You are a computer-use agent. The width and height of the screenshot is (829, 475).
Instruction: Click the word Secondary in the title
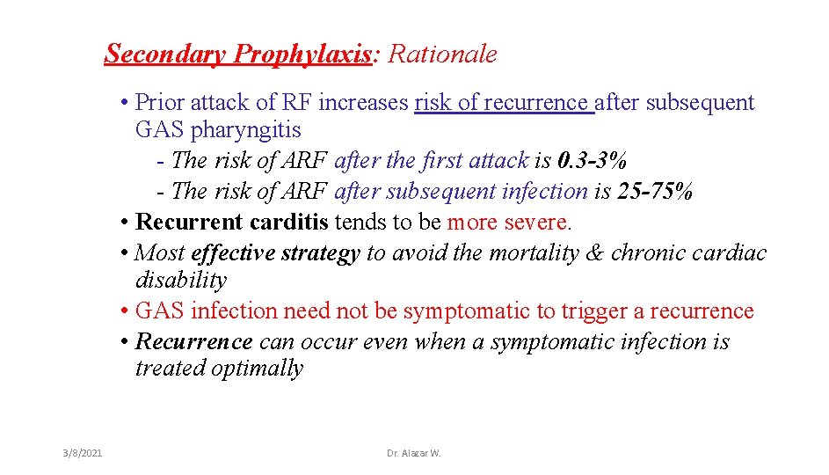(164, 55)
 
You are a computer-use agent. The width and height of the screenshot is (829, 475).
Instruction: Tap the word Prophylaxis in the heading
(303, 55)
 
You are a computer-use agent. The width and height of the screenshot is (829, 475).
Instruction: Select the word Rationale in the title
(442, 55)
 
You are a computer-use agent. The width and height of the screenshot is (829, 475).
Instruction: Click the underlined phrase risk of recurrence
(503, 103)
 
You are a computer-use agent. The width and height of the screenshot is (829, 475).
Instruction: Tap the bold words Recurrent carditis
(233, 223)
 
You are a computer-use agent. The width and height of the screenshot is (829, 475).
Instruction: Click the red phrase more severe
(509, 223)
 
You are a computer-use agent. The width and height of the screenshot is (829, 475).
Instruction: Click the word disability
(180, 281)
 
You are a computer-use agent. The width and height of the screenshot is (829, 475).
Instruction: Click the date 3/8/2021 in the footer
(83, 453)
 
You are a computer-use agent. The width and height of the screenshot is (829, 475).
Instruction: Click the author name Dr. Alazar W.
(414, 453)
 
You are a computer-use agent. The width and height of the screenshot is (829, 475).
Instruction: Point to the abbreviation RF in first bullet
(297, 103)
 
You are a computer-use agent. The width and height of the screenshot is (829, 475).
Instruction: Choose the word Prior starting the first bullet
(163, 103)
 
